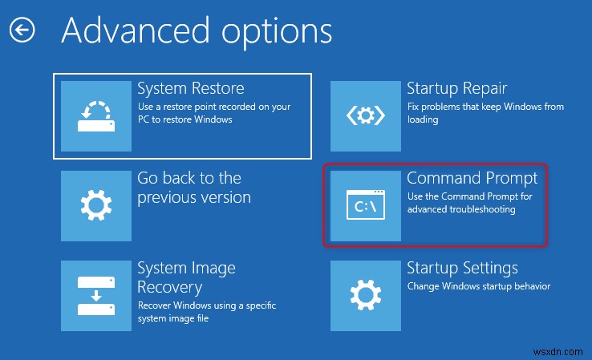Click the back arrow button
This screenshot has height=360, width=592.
tap(22, 31)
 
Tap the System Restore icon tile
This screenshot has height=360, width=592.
tap(96, 116)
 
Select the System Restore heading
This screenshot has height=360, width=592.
tap(191, 87)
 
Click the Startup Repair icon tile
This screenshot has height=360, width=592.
tap(365, 116)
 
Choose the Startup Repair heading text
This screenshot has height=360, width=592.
tap(457, 87)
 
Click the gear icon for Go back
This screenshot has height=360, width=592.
tap(96, 205)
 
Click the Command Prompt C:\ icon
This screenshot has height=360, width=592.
tap(365, 205)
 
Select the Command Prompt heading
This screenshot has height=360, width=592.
tap(472, 177)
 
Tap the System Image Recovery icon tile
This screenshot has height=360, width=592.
tap(96, 295)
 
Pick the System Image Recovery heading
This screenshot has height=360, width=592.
tap(185, 277)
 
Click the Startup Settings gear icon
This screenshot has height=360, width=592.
tap(365, 295)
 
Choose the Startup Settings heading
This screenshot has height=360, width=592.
tap(462, 268)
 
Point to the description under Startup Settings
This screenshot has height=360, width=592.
tap(479, 286)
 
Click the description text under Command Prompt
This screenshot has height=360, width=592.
tap(469, 203)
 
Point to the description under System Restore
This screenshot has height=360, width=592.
tap(213, 113)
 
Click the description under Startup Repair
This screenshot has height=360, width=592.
tap(485, 113)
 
